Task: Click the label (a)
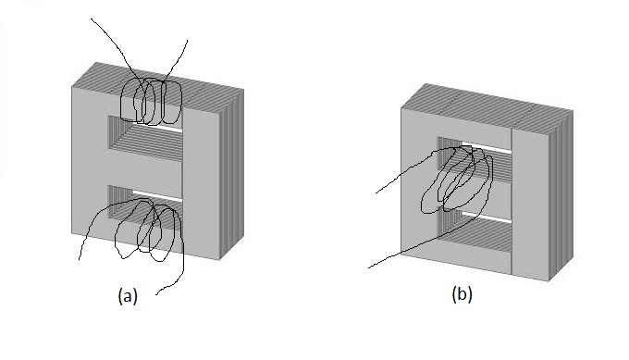(x=128, y=296)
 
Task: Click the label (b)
(x=462, y=294)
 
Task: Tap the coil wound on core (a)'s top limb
(x=153, y=101)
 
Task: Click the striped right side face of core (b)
(x=561, y=195)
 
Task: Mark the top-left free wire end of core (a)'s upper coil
(x=92, y=19)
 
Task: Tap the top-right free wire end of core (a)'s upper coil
(x=188, y=40)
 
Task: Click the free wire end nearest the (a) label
(x=156, y=294)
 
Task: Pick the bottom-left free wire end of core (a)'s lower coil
(x=79, y=259)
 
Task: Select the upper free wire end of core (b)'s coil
(x=376, y=193)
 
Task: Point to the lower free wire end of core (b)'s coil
(x=369, y=267)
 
